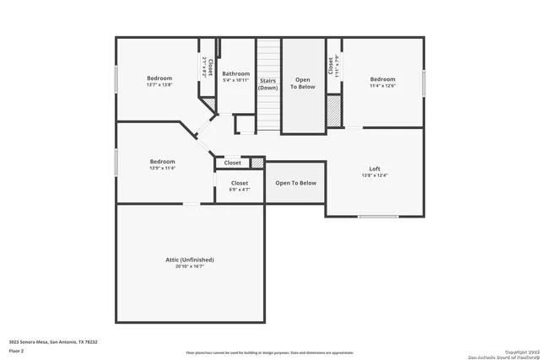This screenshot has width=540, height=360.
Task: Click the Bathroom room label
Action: coord(235,73)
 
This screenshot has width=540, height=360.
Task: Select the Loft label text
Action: coord(375,169)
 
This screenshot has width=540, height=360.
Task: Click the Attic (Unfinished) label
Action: coord(189,260)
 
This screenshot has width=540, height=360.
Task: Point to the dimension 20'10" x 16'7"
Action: coord(190,266)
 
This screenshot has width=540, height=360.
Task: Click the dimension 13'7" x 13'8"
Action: coord(159,85)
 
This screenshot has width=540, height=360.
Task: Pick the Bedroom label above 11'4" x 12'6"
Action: coord(382,78)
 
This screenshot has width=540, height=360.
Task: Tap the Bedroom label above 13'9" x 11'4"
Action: coord(162,162)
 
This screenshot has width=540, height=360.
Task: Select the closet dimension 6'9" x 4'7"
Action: coord(240,190)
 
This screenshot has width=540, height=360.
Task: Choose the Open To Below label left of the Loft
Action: coord(295,183)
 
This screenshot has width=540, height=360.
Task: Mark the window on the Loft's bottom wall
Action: coord(377,217)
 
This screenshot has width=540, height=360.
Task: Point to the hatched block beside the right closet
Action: coord(334,110)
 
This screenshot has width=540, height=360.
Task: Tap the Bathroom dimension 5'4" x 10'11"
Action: coord(235,80)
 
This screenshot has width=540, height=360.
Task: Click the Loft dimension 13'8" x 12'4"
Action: coord(375,175)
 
